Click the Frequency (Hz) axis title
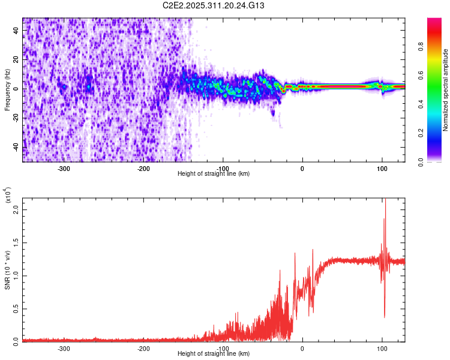click(7, 89)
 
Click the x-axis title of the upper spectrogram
click(214, 174)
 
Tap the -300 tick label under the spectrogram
click(64, 168)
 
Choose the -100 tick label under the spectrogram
click(223, 168)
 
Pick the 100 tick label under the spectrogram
click(382, 168)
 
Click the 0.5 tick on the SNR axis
click(16, 308)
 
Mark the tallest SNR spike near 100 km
click(385, 201)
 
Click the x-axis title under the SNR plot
click(214, 354)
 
